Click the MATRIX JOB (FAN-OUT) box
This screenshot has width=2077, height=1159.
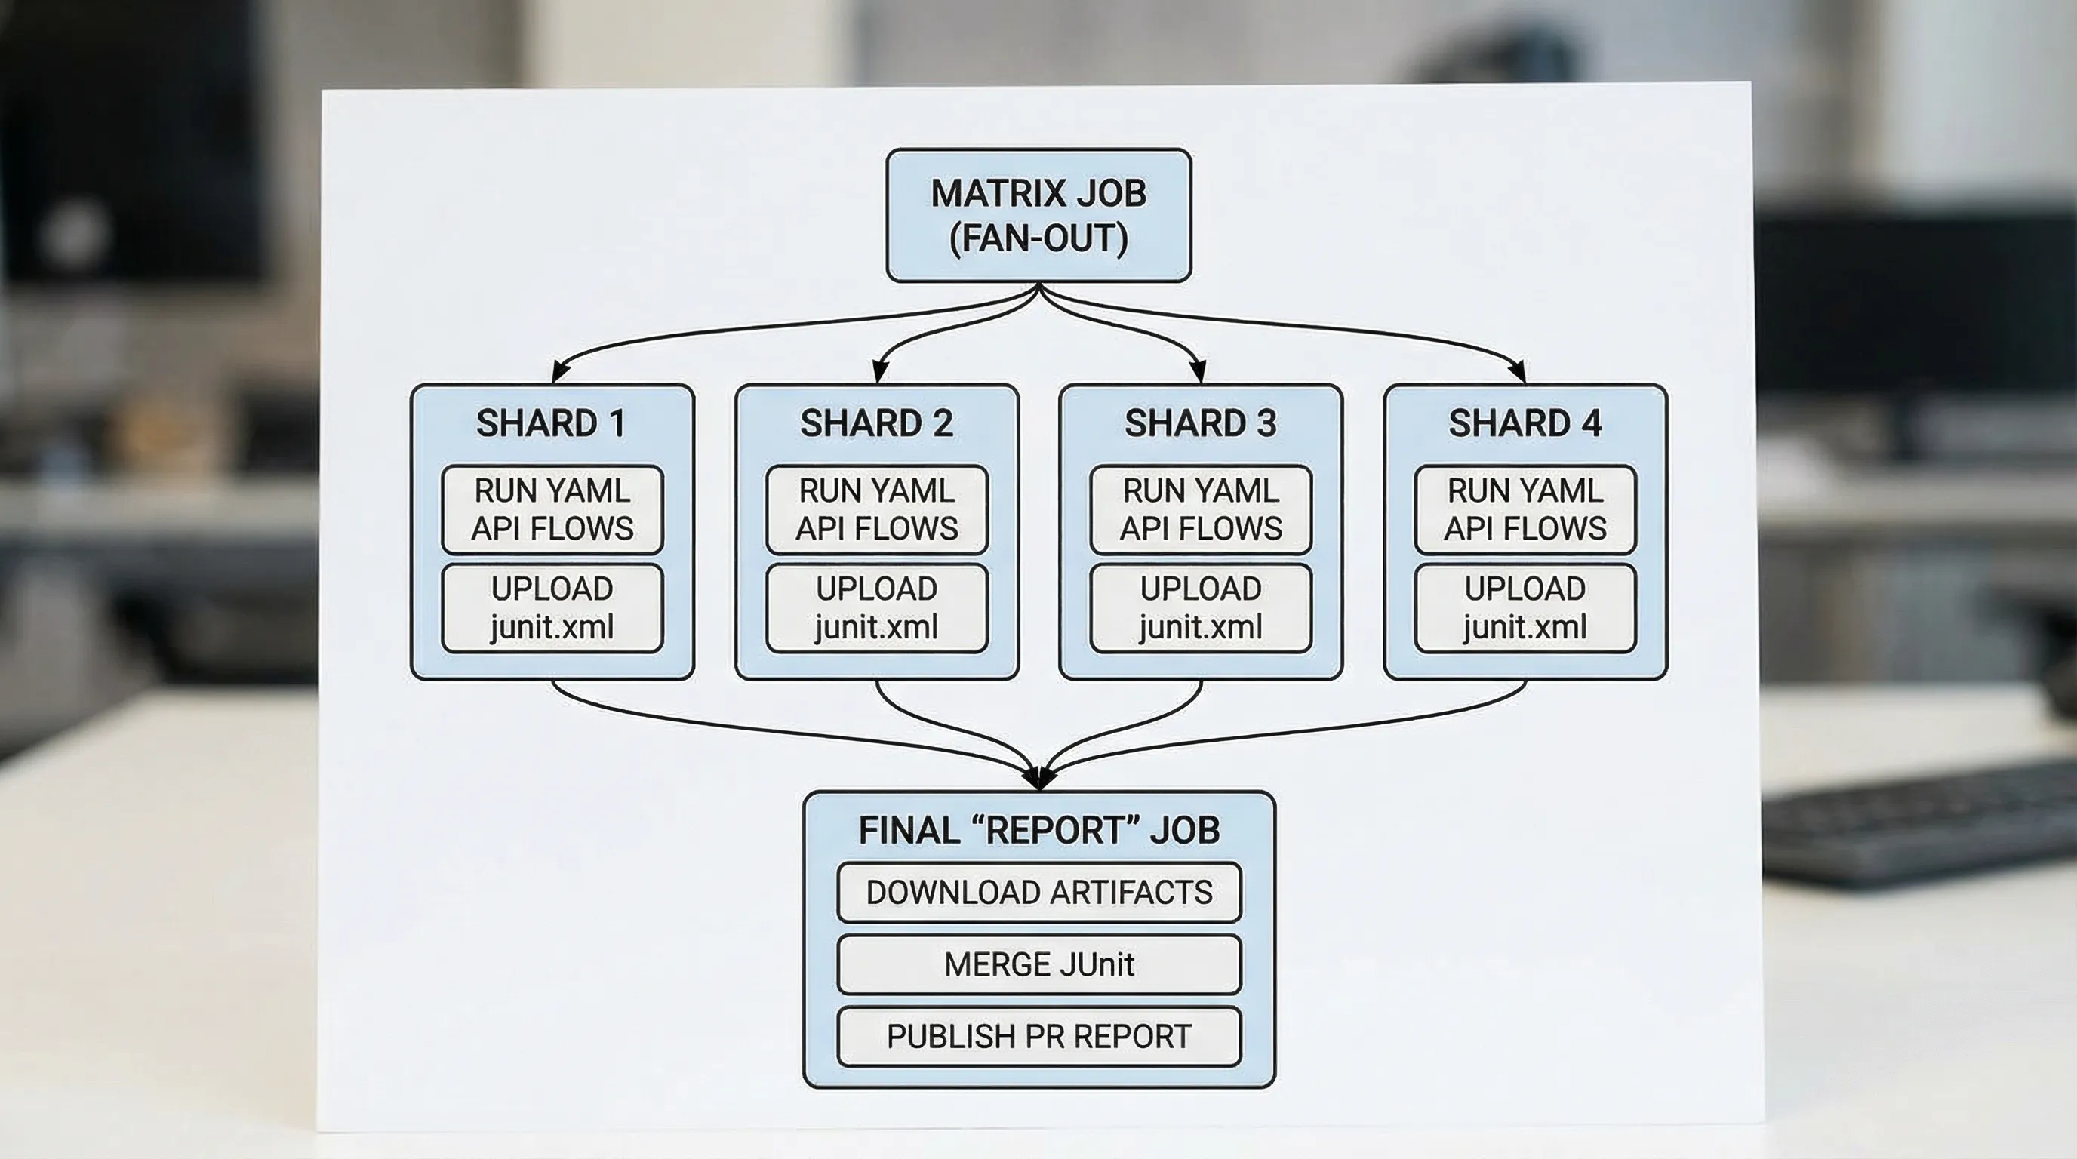[1038, 215]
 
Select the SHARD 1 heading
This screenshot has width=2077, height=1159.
[552, 423]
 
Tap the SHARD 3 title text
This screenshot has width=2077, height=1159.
[1201, 423]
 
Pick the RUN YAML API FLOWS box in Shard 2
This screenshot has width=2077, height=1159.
[876, 509]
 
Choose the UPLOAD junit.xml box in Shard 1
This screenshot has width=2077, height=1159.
[552, 607]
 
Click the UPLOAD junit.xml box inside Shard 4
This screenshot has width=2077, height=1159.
[1525, 607]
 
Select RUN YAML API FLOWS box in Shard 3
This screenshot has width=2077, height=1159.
[1201, 509]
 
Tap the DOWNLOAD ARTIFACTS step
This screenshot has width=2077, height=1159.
[1038, 892]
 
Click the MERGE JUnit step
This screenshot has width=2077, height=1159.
[1038, 964]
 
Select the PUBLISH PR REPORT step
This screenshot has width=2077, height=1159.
[1038, 1036]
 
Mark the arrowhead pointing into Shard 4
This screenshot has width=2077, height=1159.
[1519, 372]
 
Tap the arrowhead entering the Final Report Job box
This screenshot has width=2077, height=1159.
[1038, 779]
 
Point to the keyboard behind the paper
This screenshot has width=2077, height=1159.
[1919, 822]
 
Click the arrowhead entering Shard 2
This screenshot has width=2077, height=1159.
[881, 372]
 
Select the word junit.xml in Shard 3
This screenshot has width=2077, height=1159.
[1201, 627]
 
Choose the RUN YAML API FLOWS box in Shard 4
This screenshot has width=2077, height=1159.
[1525, 509]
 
